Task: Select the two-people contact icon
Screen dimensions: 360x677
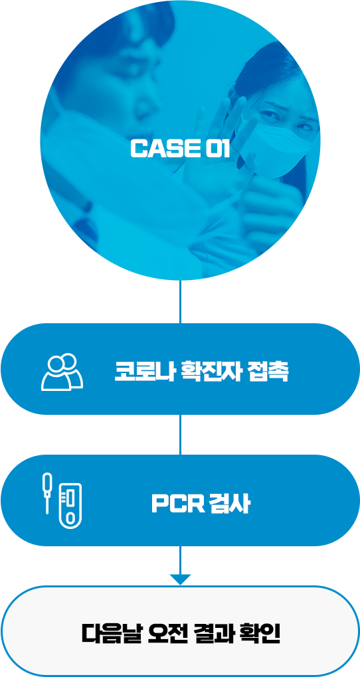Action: click(62, 372)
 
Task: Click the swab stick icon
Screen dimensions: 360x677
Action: click(47, 493)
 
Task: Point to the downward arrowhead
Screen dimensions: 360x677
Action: click(180, 579)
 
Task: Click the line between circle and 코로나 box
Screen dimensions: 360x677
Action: click(180, 301)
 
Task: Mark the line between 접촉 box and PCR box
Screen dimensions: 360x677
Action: click(180, 435)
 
